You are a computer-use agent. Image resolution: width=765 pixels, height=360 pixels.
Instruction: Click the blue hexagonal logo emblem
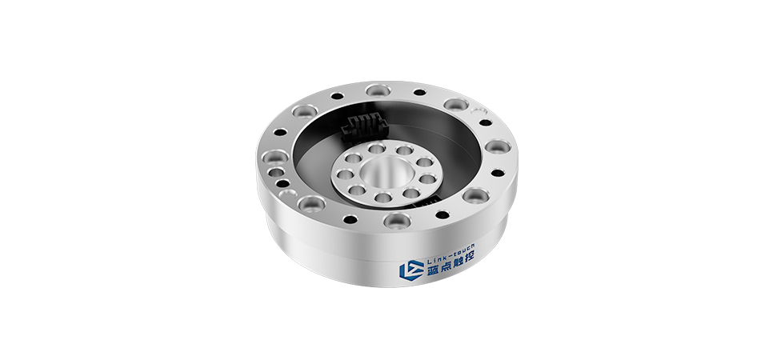[x=411, y=270]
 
